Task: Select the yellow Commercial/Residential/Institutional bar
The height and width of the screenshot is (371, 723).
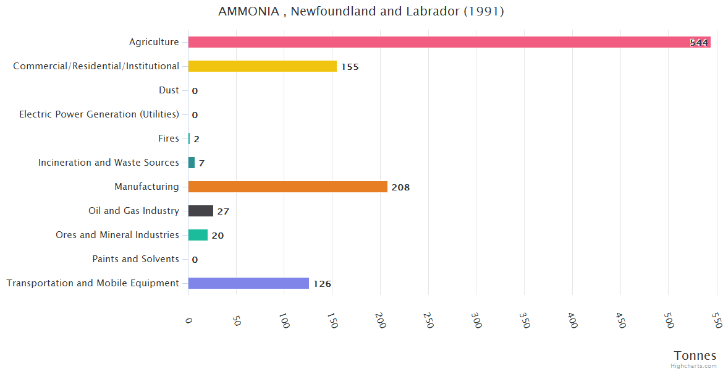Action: coord(263,66)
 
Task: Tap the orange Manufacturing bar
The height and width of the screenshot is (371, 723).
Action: coord(288,187)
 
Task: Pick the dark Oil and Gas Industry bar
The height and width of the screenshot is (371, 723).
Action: coord(201,211)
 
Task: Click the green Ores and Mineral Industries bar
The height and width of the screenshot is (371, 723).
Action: coord(198,235)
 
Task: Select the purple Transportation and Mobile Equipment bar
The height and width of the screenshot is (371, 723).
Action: coord(248,283)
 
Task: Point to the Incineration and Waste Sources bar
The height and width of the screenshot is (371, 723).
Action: coord(192,163)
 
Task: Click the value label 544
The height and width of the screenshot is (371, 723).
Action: coord(699,43)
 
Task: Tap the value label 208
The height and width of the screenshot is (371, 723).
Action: coord(400,187)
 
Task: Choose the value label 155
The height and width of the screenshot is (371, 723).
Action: coord(350,67)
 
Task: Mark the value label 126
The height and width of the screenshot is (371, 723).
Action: coord(322,284)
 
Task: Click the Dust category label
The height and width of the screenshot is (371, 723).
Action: coord(169,90)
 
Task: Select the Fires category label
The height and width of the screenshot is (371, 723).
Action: coord(169,139)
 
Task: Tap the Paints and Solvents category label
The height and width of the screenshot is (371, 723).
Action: coord(136,259)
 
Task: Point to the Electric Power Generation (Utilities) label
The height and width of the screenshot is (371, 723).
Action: coord(99,114)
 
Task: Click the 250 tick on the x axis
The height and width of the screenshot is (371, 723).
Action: coord(428,320)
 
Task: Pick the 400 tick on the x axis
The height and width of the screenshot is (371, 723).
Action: coord(572,320)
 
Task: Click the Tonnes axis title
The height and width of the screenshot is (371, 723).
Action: coord(695,356)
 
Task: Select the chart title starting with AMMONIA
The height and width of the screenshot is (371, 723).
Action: coord(361,12)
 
